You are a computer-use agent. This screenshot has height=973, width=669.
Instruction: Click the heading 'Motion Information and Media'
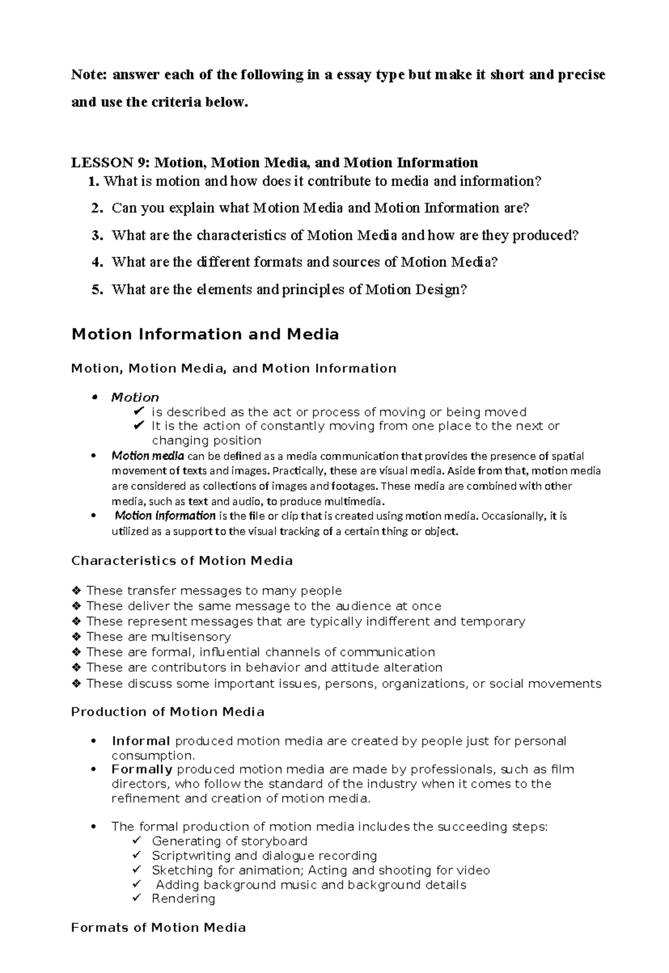point(205,334)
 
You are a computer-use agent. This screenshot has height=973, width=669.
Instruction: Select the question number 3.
point(98,236)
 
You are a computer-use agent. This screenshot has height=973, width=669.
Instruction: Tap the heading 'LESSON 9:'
point(110,163)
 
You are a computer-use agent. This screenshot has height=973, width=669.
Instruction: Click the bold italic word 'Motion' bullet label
point(135,397)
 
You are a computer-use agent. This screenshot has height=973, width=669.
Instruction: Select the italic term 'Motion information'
point(165,516)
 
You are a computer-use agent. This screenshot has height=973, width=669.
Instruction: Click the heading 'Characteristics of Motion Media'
point(182,560)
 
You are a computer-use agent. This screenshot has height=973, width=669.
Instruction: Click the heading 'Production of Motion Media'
point(168,712)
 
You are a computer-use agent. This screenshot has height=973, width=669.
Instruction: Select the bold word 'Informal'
point(141,741)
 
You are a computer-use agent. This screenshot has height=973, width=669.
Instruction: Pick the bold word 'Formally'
point(142,769)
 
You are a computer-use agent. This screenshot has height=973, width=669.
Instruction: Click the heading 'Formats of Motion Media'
point(158,927)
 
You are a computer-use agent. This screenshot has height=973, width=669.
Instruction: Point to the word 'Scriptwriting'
point(191,855)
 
